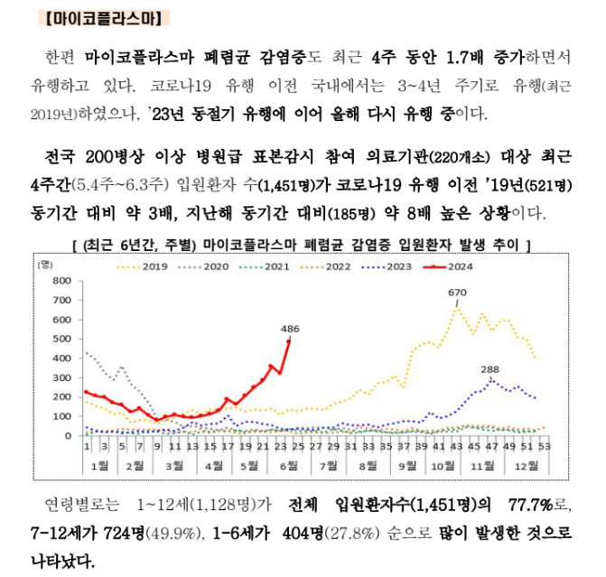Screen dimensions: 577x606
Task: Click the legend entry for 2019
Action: (154, 266)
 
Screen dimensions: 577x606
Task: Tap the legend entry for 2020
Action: (214, 266)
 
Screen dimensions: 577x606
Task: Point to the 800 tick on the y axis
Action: (61, 280)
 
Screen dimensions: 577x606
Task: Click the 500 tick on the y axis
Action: (61, 339)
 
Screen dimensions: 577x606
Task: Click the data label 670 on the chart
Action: (457, 293)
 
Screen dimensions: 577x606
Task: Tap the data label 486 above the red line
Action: (290, 329)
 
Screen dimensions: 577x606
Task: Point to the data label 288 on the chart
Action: (489, 369)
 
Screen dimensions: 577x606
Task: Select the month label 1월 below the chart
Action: (96, 466)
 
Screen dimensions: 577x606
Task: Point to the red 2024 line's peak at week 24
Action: (289, 340)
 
